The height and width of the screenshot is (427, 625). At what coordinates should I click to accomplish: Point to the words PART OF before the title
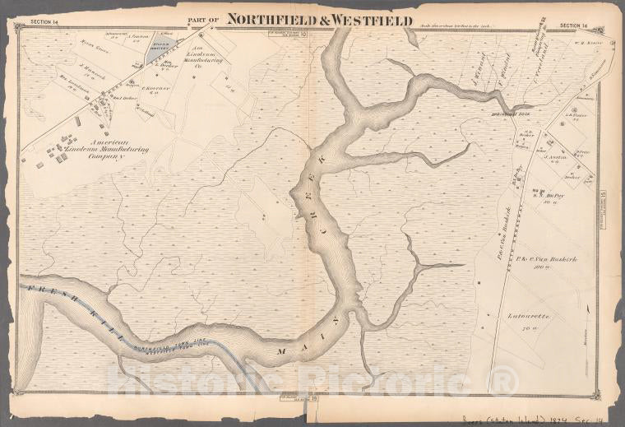tap(204, 21)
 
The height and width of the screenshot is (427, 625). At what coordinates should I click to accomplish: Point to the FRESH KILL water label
tap(74, 315)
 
